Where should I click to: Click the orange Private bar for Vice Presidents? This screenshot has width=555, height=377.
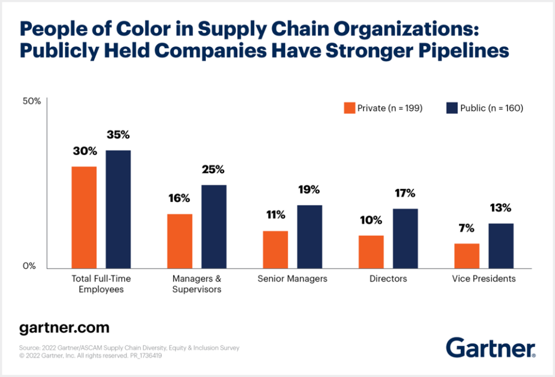click(467, 256)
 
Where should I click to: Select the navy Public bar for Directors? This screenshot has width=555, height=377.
click(405, 238)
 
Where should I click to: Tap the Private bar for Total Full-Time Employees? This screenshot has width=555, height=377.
click(84, 217)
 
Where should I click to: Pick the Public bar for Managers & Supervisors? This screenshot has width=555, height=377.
click(213, 226)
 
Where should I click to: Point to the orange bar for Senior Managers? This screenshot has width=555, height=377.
click(275, 249)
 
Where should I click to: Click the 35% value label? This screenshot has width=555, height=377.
click(118, 135)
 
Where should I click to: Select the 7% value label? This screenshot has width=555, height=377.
click(467, 229)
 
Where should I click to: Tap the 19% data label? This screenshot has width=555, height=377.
click(309, 190)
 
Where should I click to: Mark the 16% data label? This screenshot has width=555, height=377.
click(179, 198)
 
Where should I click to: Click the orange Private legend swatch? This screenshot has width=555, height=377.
click(349, 107)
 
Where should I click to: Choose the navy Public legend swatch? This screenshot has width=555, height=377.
click(451, 107)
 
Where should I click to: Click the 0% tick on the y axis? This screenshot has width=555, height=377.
click(29, 266)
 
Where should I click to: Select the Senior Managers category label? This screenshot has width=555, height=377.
click(292, 278)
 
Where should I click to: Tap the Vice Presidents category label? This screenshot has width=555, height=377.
click(484, 278)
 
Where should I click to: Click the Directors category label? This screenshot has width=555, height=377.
click(388, 278)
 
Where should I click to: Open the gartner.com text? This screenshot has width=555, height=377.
click(64, 328)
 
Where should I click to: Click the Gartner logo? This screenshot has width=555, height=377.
click(491, 347)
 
